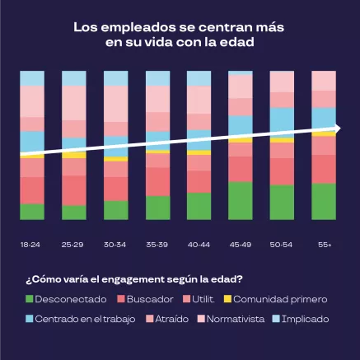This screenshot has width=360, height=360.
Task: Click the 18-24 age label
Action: pyautogui.click(x=31, y=245)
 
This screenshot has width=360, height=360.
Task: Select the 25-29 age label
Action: pyautogui.click(x=73, y=245)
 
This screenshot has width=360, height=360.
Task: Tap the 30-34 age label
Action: pyautogui.click(x=115, y=245)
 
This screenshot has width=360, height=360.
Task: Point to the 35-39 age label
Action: pyautogui.click(x=157, y=245)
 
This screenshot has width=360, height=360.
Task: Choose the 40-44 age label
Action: pyautogui.click(x=199, y=245)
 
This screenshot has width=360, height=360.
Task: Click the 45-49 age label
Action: pyautogui.click(x=240, y=245)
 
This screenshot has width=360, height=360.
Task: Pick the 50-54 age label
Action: pyautogui.click(x=282, y=245)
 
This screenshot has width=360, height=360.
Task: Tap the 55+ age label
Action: pyautogui.click(x=323, y=245)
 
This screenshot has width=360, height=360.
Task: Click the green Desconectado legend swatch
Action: pyautogui.click(x=30, y=299)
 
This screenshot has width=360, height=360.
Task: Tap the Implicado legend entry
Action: pyautogui.click(x=304, y=318)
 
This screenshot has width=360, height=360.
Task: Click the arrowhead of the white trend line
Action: pyautogui.click(x=345, y=128)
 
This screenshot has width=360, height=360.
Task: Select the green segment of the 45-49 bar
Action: pyautogui.click(x=240, y=201)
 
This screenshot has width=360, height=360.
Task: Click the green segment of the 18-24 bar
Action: pyautogui.click(x=31, y=212)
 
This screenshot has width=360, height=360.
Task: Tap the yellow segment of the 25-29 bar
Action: pyautogui.click(x=73, y=155)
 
